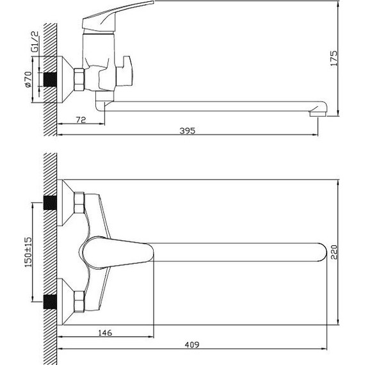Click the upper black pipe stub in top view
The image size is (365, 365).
tap(48, 204)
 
